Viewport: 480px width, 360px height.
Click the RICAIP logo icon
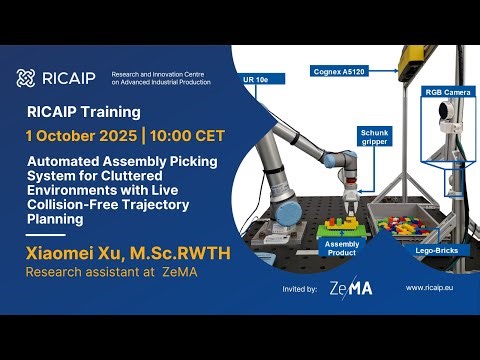point(27,78)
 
